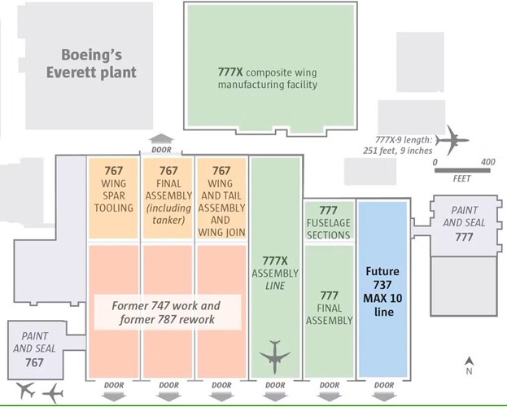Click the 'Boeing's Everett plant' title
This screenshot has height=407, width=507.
[91, 63]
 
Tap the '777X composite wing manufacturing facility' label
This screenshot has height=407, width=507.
[268, 78]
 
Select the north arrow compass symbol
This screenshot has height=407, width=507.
[470, 365]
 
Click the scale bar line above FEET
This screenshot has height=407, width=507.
[462, 170]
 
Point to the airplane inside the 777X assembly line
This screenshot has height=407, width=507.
[275, 357]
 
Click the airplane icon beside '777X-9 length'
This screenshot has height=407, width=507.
[452, 140]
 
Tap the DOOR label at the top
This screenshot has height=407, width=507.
[161, 150]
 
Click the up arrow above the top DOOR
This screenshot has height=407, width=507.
[161, 138]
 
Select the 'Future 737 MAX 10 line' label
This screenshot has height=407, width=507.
[382, 291]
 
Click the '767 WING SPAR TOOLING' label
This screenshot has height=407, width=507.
[114, 190]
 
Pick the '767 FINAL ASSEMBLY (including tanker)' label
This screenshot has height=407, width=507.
[168, 195]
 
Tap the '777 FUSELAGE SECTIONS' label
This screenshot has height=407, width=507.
[329, 222]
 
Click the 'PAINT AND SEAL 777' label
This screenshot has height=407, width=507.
[464, 224]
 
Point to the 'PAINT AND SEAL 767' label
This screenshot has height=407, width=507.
[34, 349]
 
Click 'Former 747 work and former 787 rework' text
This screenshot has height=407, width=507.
[166, 313]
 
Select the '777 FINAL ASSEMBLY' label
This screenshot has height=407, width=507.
[329, 308]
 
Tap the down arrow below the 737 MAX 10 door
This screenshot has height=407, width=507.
[384, 396]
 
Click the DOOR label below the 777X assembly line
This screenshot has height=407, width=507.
[275, 385]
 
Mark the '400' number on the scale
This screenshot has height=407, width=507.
[488, 162]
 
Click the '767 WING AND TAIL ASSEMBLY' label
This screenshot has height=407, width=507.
[221, 201]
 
